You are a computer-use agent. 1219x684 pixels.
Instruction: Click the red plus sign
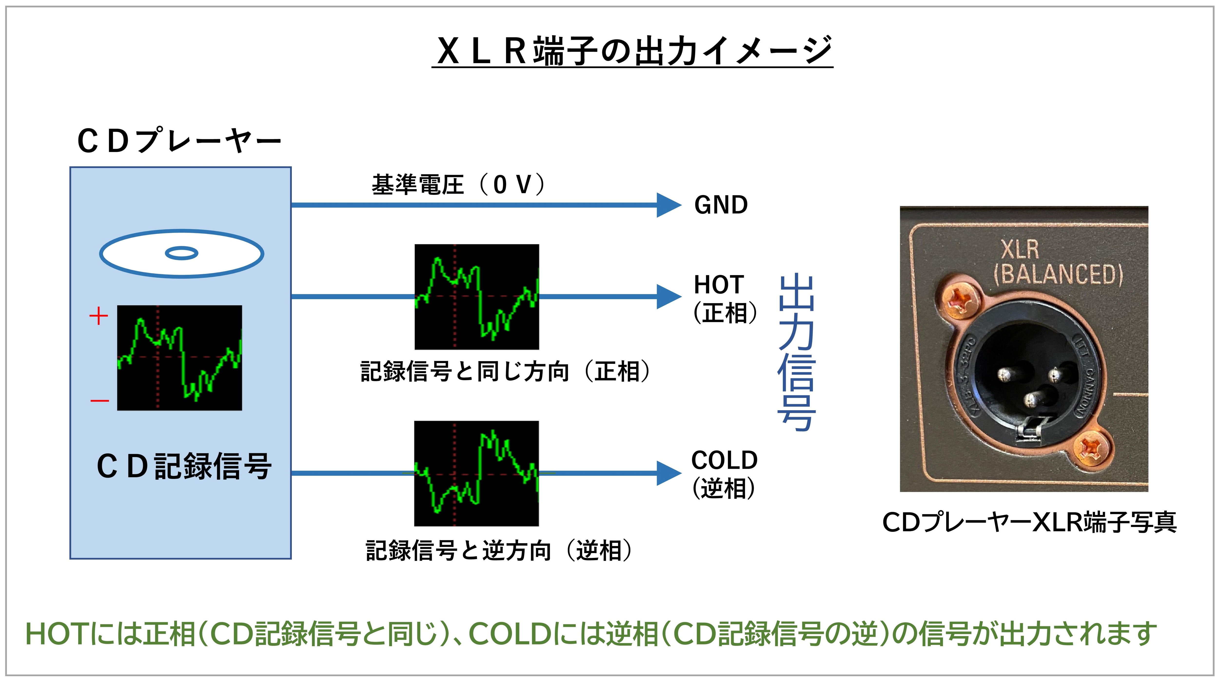98,316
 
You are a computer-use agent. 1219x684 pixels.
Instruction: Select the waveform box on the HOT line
477,297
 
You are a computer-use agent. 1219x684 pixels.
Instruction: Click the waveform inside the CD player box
179,358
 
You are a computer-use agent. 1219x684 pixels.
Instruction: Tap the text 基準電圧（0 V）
458,185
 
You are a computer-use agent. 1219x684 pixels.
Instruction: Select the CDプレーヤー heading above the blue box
179,141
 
